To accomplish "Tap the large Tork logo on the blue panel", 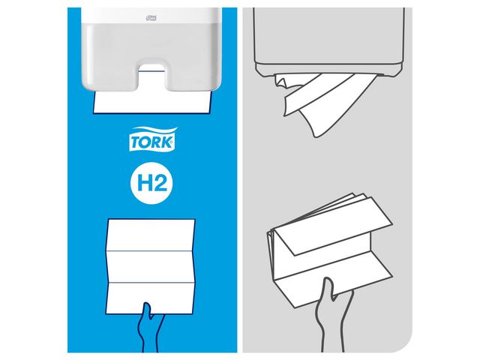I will pos(153,140).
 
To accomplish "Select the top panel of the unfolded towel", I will pos(153,235).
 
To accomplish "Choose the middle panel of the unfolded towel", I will pos(153,263).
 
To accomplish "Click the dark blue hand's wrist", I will pos(150,341).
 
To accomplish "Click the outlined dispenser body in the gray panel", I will pos(331,37).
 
